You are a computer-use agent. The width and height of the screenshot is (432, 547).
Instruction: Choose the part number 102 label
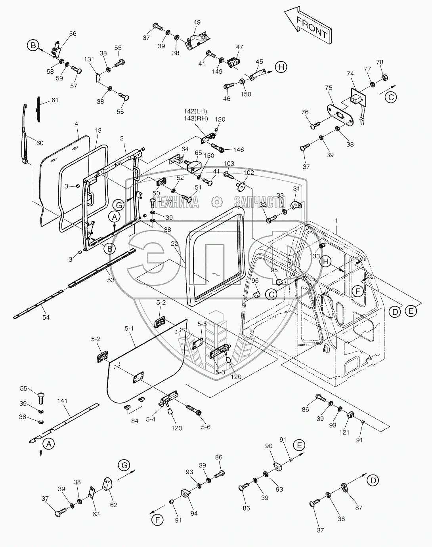coord(248,173)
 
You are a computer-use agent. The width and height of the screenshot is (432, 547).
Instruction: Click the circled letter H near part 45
coord(281,67)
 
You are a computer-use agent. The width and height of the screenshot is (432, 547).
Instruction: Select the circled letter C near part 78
coord(390,97)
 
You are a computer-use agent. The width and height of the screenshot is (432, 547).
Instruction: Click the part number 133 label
coord(314,257)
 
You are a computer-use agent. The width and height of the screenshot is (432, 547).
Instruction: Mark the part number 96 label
coord(255,280)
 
